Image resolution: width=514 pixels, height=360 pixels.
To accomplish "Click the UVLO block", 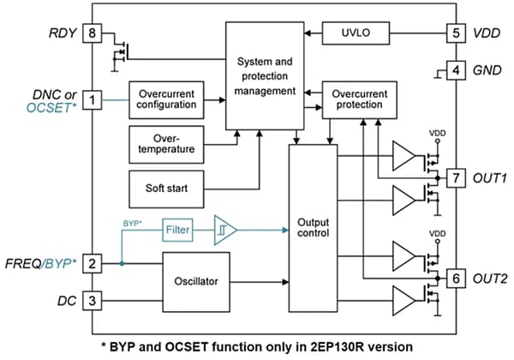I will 356,34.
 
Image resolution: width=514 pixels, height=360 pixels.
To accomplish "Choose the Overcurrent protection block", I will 358,97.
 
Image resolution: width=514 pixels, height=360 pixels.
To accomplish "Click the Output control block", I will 313,229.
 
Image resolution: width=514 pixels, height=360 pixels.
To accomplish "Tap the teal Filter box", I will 179,230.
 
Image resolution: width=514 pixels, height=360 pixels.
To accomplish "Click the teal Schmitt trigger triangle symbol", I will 225,230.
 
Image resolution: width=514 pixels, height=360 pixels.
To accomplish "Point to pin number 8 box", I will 93,34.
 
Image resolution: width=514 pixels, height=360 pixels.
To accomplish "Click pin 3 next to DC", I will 93,300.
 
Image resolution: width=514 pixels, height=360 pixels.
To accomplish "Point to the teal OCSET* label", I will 55,109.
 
